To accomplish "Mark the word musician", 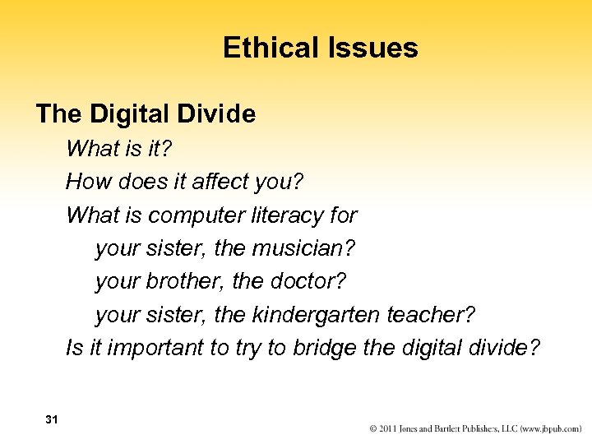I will pos(317,248).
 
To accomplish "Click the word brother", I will pos(188,281).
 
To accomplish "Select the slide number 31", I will pos(52,419).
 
